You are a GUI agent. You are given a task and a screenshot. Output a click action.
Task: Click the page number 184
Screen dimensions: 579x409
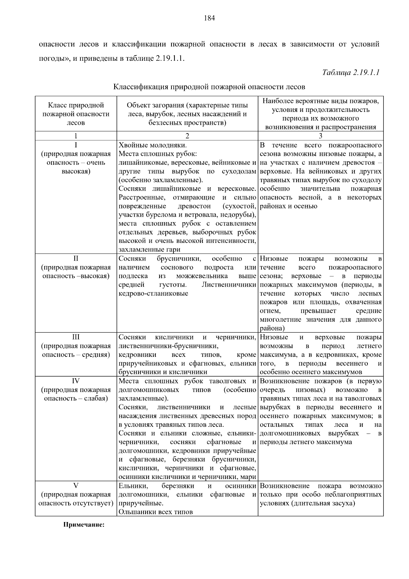(x=209, y=18)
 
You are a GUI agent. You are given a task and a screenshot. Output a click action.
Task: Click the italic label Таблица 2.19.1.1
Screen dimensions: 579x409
(x=351, y=72)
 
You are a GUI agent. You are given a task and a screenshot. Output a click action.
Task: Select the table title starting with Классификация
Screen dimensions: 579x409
(x=209, y=87)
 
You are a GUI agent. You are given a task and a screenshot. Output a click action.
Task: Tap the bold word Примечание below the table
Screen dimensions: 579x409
(x=84, y=525)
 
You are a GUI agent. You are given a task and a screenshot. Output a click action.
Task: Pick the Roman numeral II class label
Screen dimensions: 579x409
(x=76, y=259)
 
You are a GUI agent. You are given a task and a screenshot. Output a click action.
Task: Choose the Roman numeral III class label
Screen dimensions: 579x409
(x=76, y=337)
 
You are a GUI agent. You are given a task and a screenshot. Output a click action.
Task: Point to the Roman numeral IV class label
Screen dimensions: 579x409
(x=76, y=381)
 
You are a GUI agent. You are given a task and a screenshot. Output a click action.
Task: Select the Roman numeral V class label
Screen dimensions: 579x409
(x=76, y=486)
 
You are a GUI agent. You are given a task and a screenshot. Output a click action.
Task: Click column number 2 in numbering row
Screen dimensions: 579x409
(x=187, y=136)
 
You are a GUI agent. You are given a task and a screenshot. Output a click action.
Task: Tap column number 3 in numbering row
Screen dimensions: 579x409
(x=320, y=136)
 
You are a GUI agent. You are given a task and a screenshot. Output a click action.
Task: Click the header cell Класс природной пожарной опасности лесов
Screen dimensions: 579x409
(x=76, y=114)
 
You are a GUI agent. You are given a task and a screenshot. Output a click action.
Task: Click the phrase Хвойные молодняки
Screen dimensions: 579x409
(x=152, y=145)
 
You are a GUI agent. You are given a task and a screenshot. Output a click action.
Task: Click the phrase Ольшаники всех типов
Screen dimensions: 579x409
(x=155, y=512)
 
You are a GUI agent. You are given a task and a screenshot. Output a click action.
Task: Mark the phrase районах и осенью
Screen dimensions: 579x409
(x=288, y=206)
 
